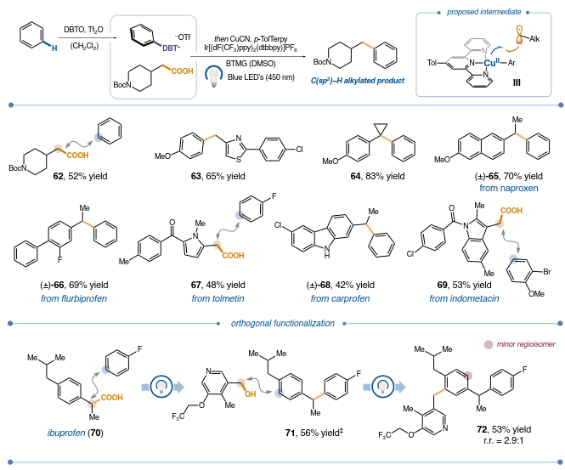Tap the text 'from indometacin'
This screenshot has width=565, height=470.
click(463, 298)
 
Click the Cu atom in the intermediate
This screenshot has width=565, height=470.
click(491, 62)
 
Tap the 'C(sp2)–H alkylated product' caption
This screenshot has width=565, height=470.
click(357, 80)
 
